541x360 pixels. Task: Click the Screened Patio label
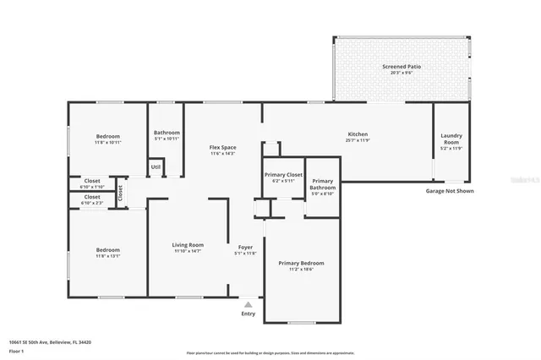(402, 66)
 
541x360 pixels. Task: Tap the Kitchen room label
(358, 134)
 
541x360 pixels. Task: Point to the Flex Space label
(222, 148)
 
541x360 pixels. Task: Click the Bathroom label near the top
(167, 132)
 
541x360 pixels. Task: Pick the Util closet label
(156, 166)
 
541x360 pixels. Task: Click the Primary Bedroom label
(301, 263)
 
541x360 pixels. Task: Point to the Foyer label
(245, 247)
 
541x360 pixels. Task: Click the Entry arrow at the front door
(248, 303)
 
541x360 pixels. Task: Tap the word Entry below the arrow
(248, 314)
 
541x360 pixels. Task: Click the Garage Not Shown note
(450, 191)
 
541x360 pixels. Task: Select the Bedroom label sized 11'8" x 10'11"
(107, 136)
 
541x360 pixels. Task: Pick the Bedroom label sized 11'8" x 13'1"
(107, 249)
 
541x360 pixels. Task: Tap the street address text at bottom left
(50, 342)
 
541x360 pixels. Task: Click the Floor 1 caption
(16, 350)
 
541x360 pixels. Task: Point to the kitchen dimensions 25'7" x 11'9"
(358, 141)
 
